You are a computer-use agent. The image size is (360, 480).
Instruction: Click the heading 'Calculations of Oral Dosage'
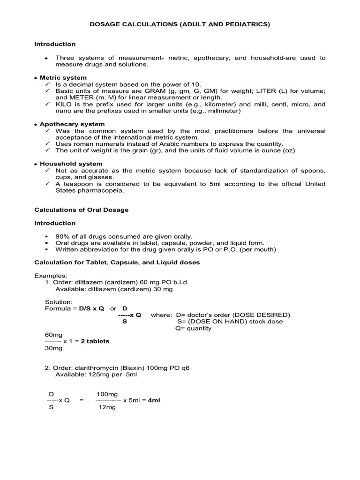(x=81, y=210)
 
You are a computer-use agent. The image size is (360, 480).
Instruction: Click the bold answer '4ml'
(x=154, y=401)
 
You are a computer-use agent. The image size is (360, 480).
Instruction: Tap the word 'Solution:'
(x=59, y=302)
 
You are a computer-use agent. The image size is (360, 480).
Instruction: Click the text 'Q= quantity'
(x=193, y=328)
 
